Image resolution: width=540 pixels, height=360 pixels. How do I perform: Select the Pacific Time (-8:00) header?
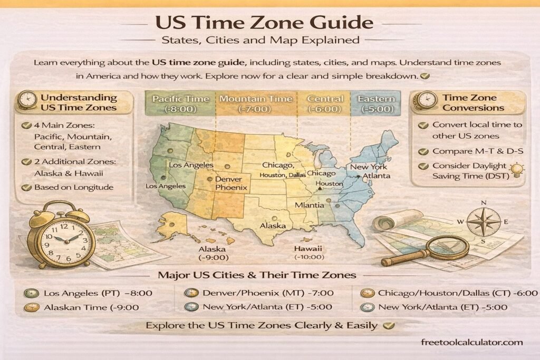(x=180, y=104)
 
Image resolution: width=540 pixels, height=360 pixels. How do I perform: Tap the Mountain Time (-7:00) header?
(x=255, y=104)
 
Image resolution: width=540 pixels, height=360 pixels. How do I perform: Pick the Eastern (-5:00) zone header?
(x=375, y=104)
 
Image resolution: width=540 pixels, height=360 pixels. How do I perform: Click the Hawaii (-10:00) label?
(x=309, y=252)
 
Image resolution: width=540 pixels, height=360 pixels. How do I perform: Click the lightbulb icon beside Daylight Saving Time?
(x=517, y=169)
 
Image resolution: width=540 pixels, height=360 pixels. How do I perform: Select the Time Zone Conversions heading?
(x=473, y=103)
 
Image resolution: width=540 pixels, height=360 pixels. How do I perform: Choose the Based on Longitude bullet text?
(x=73, y=187)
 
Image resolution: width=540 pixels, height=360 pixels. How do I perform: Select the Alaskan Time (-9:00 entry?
(x=91, y=307)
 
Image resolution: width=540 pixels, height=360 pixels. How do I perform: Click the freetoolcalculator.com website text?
(x=472, y=342)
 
